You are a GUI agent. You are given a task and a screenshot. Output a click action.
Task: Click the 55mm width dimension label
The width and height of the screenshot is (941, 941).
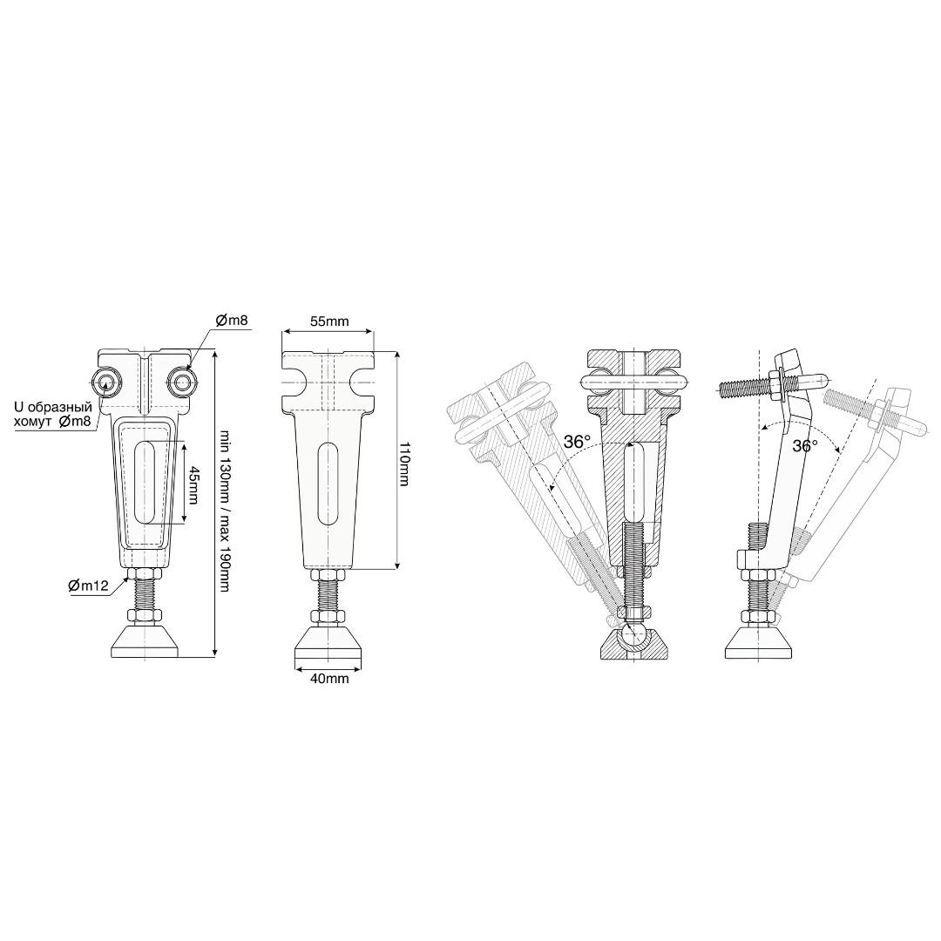(328, 321)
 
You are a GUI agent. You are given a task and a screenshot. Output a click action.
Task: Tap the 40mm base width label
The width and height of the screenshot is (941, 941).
(328, 679)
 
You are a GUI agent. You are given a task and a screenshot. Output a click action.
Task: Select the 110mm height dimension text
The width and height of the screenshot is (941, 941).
(404, 464)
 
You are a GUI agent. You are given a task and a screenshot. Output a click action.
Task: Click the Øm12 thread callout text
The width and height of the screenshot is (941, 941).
(88, 586)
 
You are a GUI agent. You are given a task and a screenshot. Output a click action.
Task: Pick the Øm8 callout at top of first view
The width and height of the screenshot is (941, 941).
(230, 320)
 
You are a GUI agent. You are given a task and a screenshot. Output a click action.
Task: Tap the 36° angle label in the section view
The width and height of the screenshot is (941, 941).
(578, 443)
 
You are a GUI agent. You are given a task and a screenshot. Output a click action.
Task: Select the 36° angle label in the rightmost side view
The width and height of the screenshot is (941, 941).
(805, 446)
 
